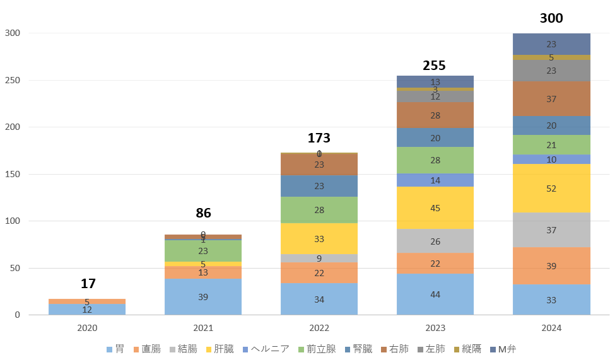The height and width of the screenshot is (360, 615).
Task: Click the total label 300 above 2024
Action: [551, 18]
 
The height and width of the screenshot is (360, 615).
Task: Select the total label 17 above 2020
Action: [88, 284]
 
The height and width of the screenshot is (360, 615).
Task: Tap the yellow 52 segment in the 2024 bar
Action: [551, 189]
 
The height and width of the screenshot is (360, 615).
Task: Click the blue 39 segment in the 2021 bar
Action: [203, 296]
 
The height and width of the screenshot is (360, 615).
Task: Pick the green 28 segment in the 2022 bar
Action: [319, 210]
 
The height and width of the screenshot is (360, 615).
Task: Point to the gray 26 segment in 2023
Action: [435, 241]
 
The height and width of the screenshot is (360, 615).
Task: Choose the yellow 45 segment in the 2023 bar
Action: [435, 208]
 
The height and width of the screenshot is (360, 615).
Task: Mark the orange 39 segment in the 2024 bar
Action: [551, 266]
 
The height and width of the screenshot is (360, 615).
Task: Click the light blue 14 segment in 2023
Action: [435, 180]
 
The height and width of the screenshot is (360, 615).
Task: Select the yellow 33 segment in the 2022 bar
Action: [319, 239]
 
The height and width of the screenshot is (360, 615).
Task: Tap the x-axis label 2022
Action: [319, 328]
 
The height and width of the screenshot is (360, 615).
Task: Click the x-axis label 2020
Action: [88, 328]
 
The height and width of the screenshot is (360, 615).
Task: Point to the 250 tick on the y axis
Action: [12, 80]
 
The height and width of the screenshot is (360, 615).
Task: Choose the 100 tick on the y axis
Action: [12, 221]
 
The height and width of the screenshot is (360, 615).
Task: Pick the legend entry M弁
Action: [507, 349]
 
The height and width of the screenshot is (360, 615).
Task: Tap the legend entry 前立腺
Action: [321, 349]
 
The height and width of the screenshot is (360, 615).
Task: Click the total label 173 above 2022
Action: [319, 138]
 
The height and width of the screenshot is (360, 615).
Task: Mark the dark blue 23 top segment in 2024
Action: [551, 44]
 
